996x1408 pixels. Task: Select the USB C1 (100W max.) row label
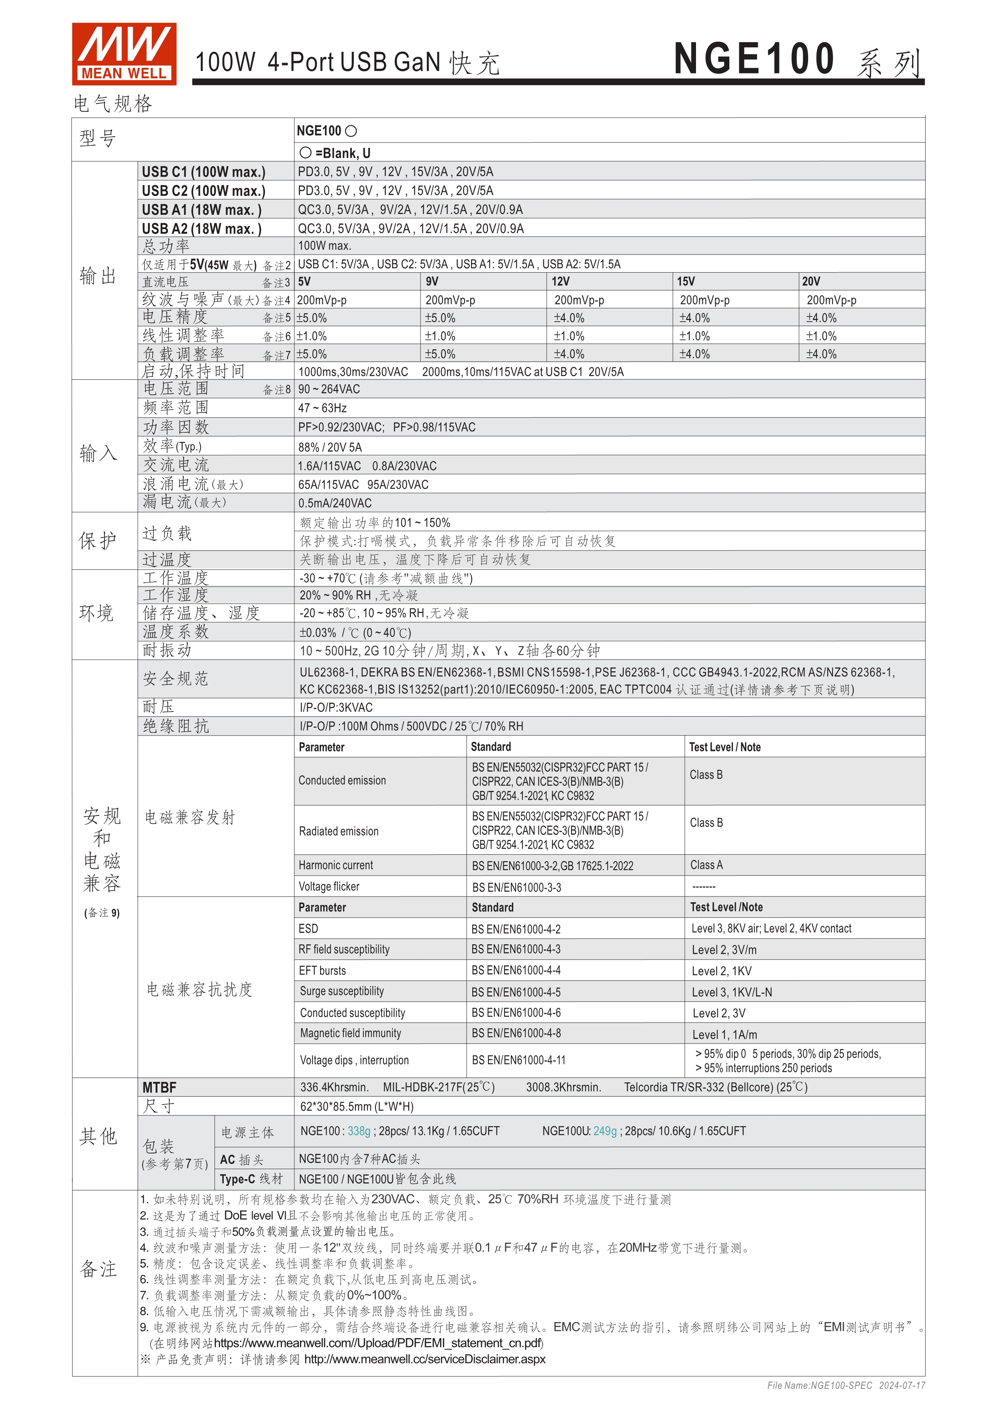pyautogui.click(x=204, y=172)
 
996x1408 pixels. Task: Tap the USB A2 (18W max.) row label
pyautogui.click(x=202, y=229)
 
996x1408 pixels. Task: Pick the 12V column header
pyautogui.click(x=561, y=281)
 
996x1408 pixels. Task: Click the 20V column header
pyautogui.click(x=811, y=281)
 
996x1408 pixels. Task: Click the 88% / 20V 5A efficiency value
pyautogui.click(x=330, y=447)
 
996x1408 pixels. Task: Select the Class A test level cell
pyautogui.click(x=706, y=865)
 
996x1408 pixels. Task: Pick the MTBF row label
pyautogui.click(x=159, y=1087)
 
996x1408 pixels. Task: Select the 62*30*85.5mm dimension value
pyautogui.click(x=356, y=1106)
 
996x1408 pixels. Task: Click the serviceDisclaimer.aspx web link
pyautogui.click(x=425, y=1359)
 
